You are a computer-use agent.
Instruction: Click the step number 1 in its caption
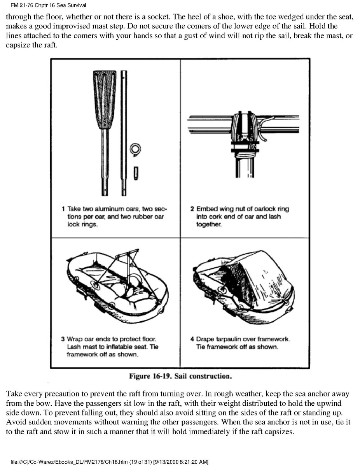point(63,209)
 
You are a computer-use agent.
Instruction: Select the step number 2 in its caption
point(192,209)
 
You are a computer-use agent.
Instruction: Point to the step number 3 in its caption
point(63,339)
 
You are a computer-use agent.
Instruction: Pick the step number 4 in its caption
point(192,339)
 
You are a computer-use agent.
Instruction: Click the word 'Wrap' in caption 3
point(74,339)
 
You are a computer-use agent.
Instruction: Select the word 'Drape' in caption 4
point(205,339)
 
